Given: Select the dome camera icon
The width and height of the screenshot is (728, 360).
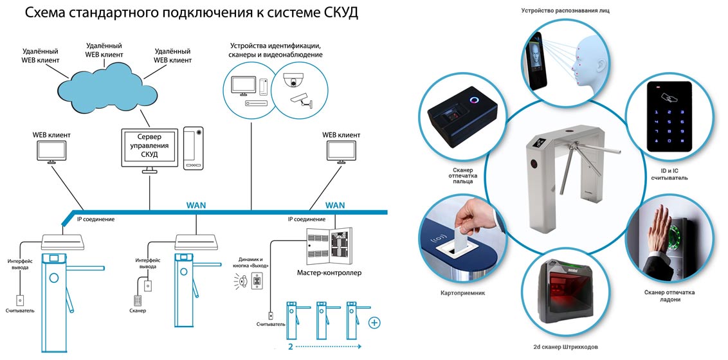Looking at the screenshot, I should click(295, 80).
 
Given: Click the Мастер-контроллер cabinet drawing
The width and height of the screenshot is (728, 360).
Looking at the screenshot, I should click(329, 247).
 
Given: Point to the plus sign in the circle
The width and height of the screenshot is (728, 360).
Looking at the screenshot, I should click(374, 322).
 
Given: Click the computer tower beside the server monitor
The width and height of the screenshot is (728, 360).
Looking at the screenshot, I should click(194, 148).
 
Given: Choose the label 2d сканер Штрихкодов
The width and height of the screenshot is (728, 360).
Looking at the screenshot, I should click(567, 346).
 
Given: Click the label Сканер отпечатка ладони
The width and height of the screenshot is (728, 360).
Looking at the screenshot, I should click(669, 296).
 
